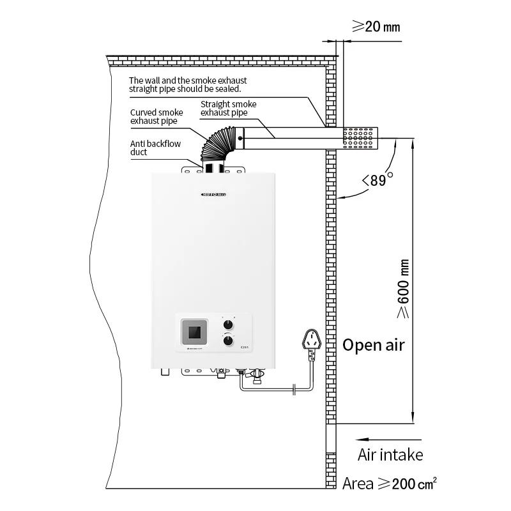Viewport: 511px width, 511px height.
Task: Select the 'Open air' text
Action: (x=374, y=345)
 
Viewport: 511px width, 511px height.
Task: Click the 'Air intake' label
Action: (x=390, y=455)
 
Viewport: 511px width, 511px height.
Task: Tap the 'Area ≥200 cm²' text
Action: (x=390, y=484)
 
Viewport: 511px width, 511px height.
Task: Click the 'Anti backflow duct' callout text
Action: (x=148, y=148)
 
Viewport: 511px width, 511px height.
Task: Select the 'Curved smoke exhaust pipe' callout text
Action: (x=156, y=116)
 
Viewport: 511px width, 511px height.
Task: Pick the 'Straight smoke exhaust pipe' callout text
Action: (x=228, y=108)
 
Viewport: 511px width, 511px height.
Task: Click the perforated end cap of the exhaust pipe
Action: (x=360, y=137)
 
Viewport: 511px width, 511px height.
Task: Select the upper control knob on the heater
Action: (x=229, y=323)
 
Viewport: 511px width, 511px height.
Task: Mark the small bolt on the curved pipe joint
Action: (x=240, y=137)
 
